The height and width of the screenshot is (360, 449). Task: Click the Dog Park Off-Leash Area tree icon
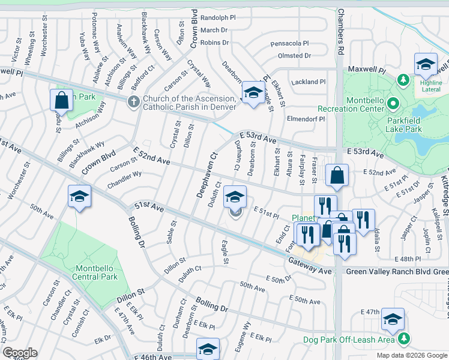coord(406,340)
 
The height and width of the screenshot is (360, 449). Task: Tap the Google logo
coord(20,352)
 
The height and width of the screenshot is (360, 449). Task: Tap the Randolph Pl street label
coord(218,18)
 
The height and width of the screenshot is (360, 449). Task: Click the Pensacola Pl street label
coord(289,44)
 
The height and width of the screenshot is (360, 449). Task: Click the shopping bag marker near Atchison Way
coord(62,101)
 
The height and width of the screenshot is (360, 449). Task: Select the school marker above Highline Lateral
coord(425,64)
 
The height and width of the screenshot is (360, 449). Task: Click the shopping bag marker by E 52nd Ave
coord(337,175)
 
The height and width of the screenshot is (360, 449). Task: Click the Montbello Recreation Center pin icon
coord(393,104)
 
